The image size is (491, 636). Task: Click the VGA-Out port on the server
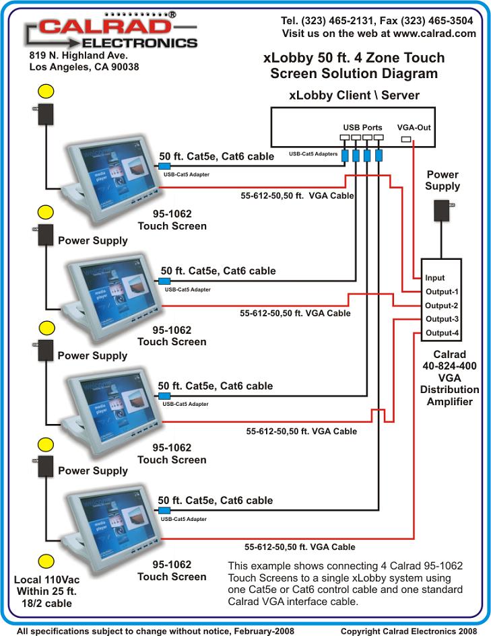(x=405, y=140)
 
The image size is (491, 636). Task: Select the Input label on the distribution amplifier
(x=434, y=278)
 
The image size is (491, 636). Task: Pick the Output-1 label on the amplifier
(x=441, y=292)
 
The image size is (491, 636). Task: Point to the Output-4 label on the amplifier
(x=441, y=333)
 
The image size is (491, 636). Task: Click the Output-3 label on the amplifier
(x=441, y=319)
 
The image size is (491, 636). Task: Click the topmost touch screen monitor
(x=114, y=175)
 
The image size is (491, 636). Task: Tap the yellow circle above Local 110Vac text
(x=46, y=561)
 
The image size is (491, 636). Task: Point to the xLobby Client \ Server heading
(x=354, y=95)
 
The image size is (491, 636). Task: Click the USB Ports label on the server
(x=362, y=127)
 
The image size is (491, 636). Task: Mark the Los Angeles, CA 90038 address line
(x=84, y=67)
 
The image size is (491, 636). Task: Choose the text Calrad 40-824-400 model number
(x=449, y=366)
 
